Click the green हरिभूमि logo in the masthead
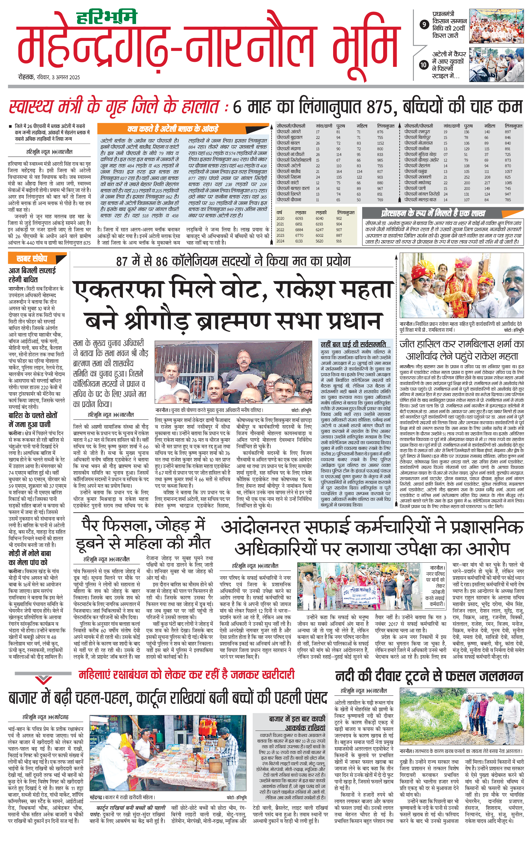[x=107, y=17]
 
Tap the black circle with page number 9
[x=424, y=24]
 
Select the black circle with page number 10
[x=424, y=64]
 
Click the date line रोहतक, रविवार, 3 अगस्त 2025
[x=49, y=77]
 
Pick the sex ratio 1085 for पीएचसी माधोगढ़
[x=508, y=183]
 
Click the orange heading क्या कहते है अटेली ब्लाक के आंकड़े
[x=173, y=128]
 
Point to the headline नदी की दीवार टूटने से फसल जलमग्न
[x=429, y=676]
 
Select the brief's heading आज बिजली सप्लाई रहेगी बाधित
[x=32, y=275]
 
